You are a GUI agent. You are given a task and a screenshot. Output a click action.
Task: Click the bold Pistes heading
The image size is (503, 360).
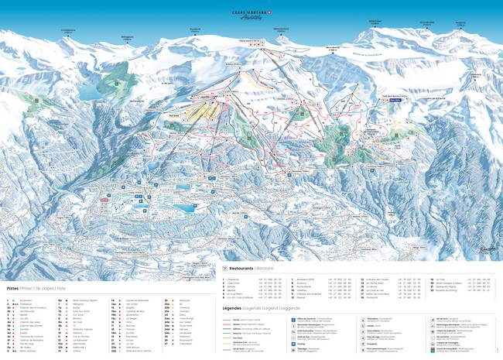(x=12, y=287)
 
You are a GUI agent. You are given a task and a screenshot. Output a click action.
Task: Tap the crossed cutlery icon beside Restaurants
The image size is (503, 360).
(x=224, y=269)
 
